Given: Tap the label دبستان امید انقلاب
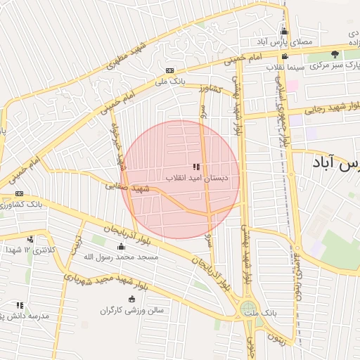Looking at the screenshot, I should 197,178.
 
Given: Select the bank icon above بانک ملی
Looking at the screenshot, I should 169,70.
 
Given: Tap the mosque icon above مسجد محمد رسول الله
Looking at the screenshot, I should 121,247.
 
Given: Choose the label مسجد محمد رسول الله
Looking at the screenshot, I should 122,257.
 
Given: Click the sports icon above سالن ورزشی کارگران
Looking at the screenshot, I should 132,300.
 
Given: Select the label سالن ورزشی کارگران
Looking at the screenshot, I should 131,310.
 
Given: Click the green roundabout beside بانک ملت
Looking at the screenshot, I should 247,309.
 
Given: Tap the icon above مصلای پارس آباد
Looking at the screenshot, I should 284,32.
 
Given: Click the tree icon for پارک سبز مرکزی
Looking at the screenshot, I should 335,54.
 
